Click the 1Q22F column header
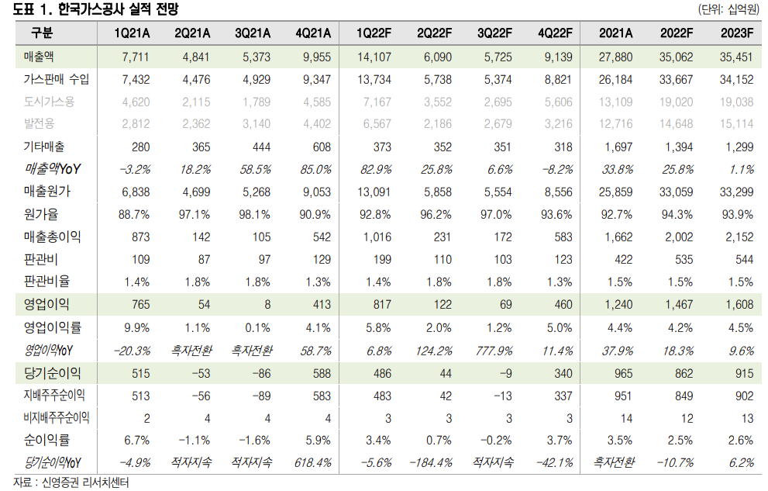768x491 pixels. tap(374, 33)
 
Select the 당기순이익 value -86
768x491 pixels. tap(257, 373)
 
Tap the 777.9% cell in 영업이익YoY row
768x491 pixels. tap(494, 351)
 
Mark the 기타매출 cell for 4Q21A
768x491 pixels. tap(318, 147)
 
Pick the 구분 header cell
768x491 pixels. tap(43, 33)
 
